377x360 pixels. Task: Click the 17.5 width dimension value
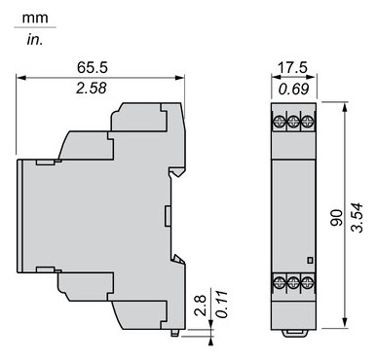pos(288,69)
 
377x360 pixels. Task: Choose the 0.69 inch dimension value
pos(288,90)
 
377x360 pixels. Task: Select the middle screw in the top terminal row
pos(289,124)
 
